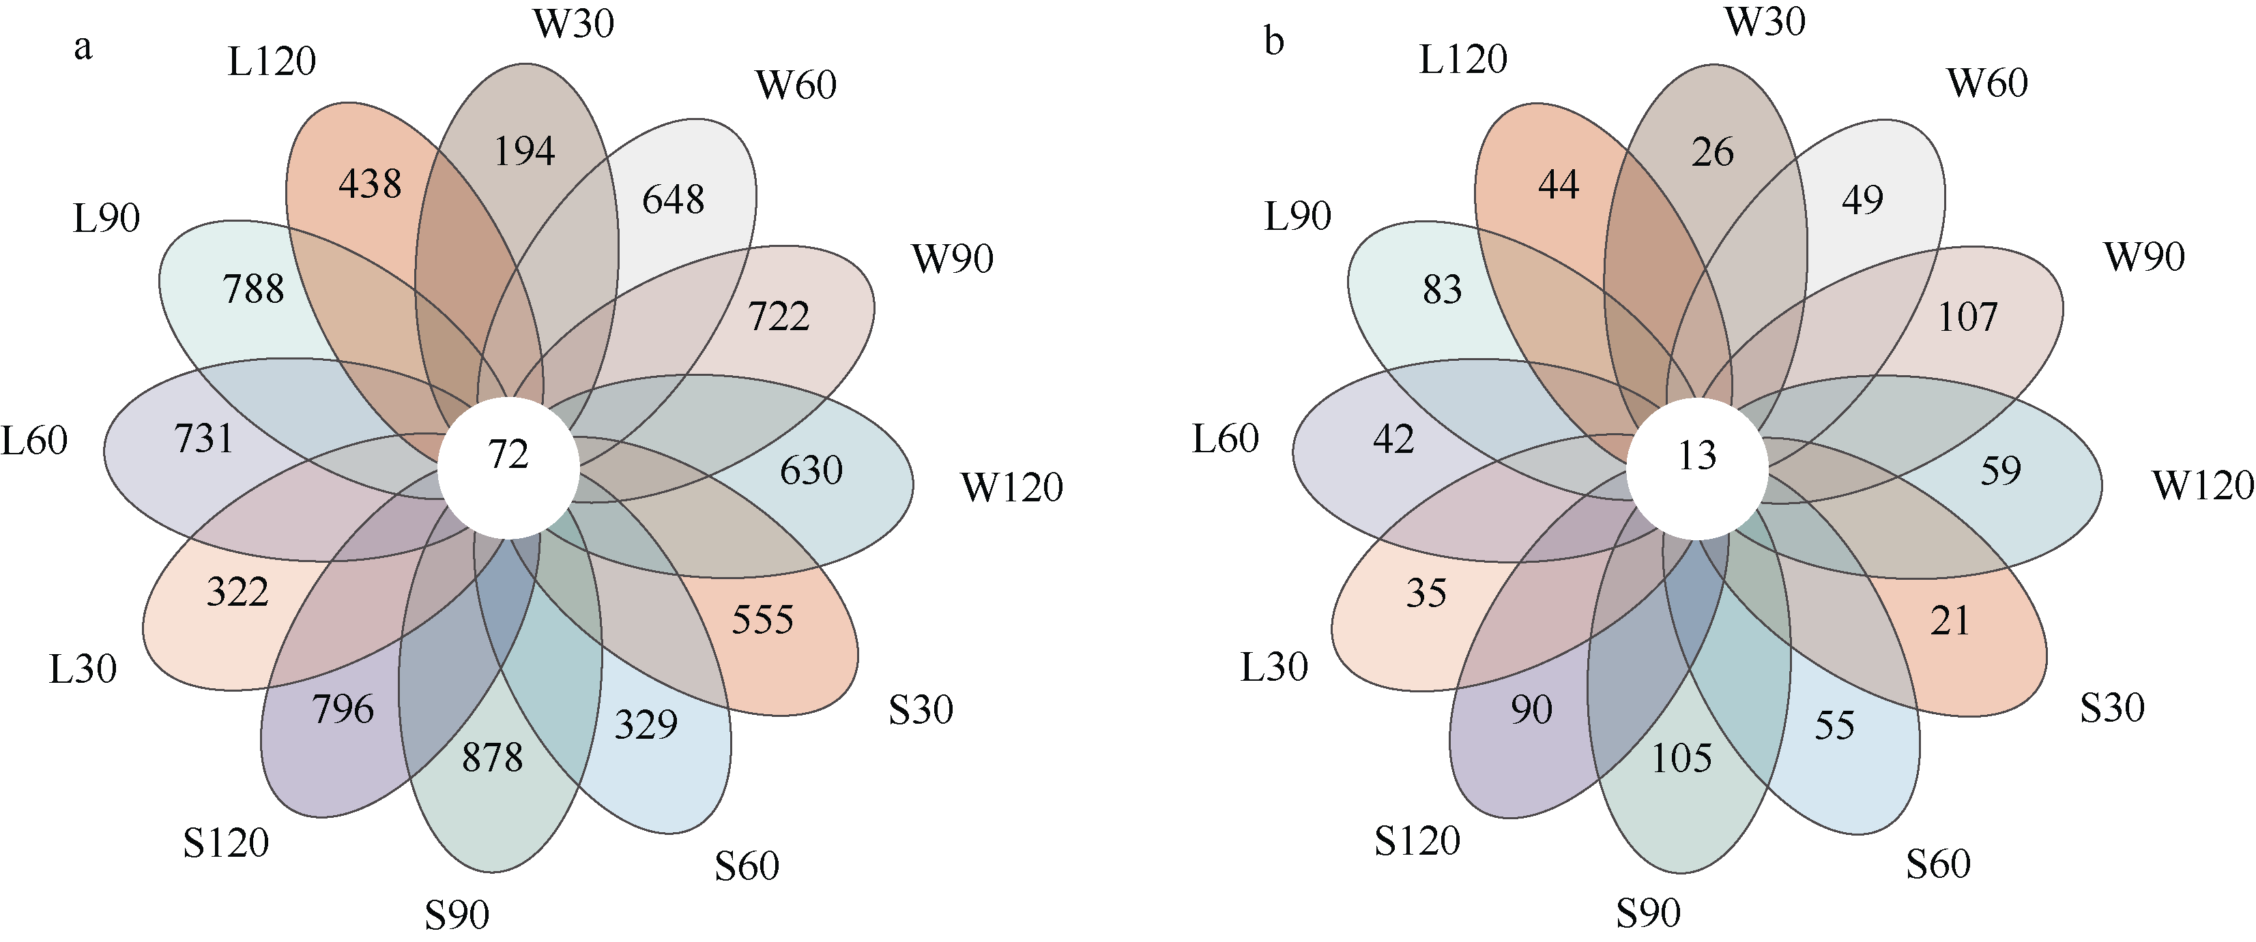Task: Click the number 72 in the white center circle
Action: (508, 454)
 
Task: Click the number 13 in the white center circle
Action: (1696, 455)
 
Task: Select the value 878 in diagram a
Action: (492, 757)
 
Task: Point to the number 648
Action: (673, 200)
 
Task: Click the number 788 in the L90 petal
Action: (253, 289)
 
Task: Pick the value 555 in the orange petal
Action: (762, 620)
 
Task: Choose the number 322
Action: (237, 592)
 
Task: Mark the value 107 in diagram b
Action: (1967, 317)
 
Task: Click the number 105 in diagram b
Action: (1681, 758)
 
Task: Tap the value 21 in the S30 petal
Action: (1950, 621)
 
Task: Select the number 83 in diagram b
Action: (1441, 289)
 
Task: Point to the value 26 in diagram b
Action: (1712, 152)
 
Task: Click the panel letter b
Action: (1274, 41)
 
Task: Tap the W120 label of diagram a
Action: (1011, 487)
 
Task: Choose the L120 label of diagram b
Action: (1462, 59)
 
